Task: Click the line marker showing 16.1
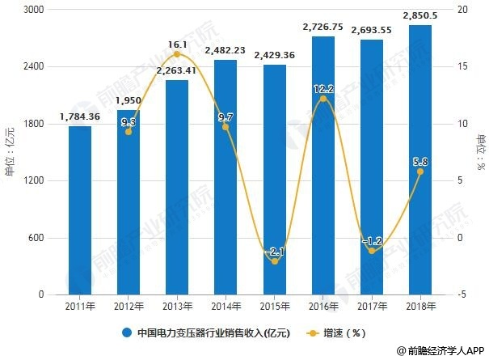(x=177, y=54)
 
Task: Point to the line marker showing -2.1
(x=275, y=261)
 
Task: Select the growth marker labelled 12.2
(x=323, y=99)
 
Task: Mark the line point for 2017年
(x=372, y=251)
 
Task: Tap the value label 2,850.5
(x=420, y=15)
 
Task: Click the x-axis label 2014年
(x=226, y=307)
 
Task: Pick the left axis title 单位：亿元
(x=11, y=152)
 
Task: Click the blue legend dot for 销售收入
(x=127, y=332)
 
